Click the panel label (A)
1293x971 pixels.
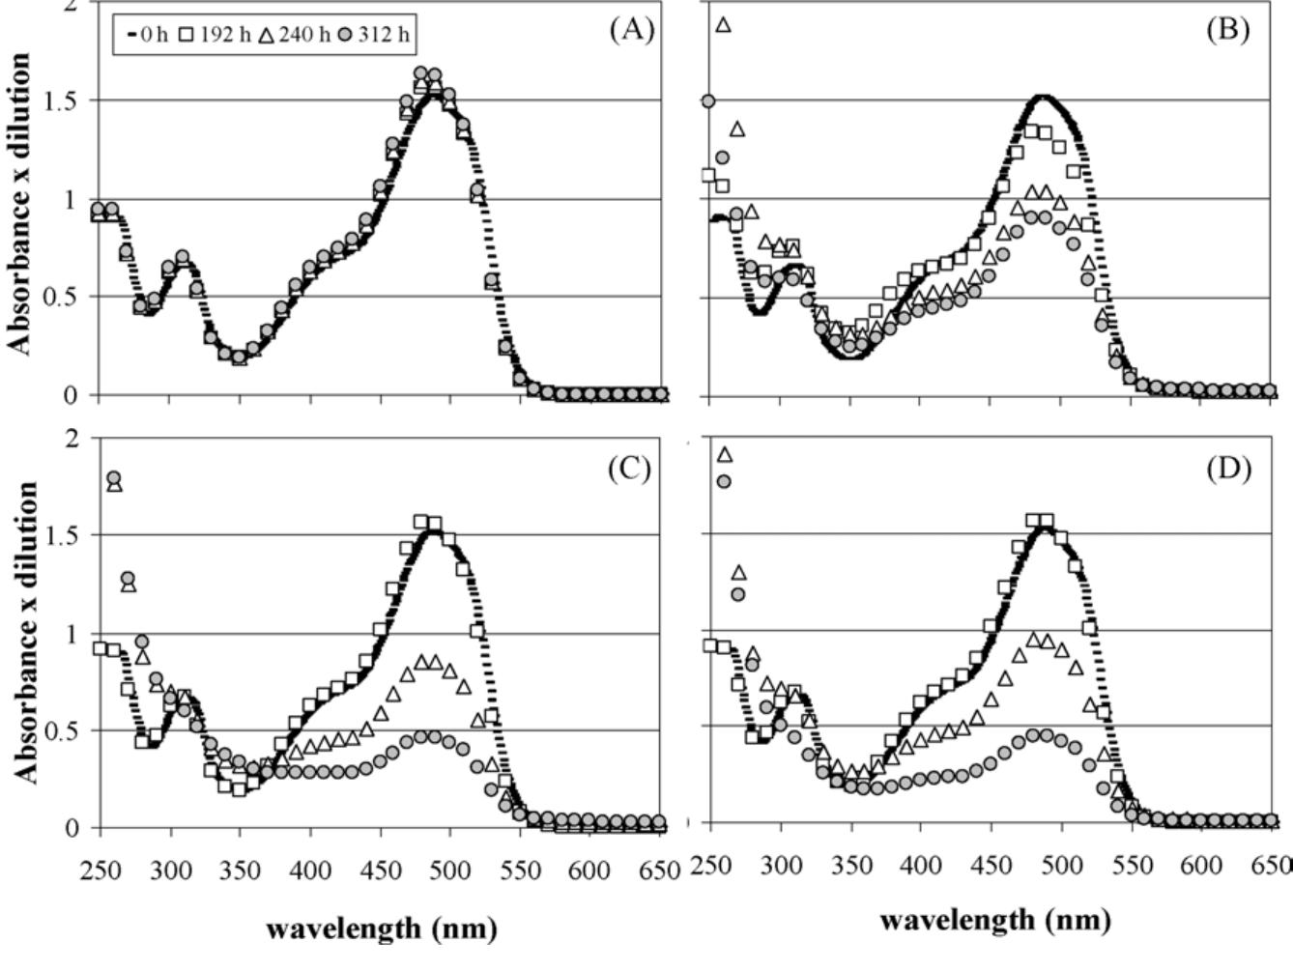631,30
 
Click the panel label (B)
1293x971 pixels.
1227,30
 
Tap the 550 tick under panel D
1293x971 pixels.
1133,866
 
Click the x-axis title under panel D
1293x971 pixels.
994,920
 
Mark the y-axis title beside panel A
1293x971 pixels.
20,203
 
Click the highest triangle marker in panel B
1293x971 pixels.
723,25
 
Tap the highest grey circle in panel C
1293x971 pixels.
113,478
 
